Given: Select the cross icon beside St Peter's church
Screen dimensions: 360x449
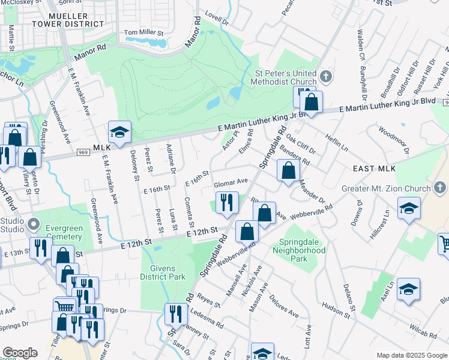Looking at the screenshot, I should click(x=326, y=76).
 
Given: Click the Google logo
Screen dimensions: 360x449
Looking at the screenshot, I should click(x=20, y=353).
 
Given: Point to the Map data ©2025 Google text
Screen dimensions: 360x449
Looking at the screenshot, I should click(x=411, y=355).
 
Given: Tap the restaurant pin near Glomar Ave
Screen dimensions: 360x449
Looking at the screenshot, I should click(x=227, y=202).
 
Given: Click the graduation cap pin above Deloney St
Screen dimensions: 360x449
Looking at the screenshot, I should click(x=119, y=133).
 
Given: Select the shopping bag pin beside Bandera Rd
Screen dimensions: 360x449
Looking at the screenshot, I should click(x=289, y=170).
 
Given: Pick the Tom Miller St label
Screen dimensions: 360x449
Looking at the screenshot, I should click(x=143, y=32).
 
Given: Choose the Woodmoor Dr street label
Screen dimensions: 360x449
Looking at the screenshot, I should click(x=393, y=137).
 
